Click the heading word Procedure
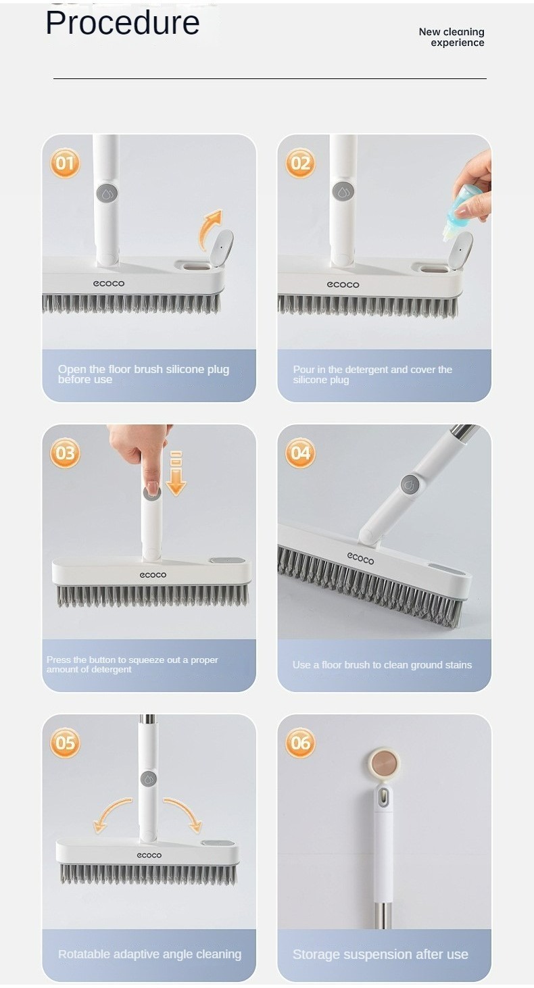tap(122, 24)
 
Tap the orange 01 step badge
tap(65, 164)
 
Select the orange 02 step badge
tap(300, 164)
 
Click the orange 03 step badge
tap(65, 453)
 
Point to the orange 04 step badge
tap(300, 453)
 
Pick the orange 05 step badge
tap(65, 743)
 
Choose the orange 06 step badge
tap(300, 743)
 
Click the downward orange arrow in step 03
tap(176, 474)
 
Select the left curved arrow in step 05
tap(110, 814)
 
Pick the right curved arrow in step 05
tap(184, 814)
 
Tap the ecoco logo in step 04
tap(360, 559)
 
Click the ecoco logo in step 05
tap(149, 856)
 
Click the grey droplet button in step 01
tap(107, 193)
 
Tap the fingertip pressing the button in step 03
tap(151, 488)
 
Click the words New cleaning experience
tap(452, 37)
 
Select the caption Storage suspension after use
tap(381, 954)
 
